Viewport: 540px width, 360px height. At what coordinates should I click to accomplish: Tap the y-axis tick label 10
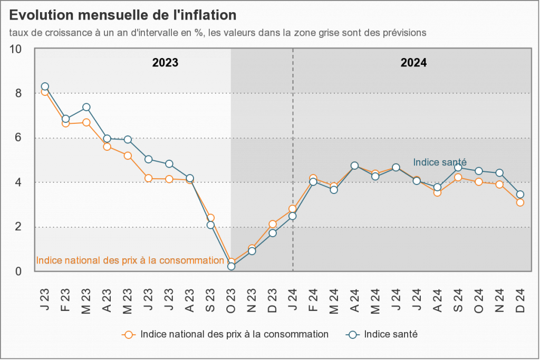[16, 49]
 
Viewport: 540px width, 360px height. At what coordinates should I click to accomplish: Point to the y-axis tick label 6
[18, 138]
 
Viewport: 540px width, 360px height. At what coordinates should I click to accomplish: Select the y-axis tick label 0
[18, 271]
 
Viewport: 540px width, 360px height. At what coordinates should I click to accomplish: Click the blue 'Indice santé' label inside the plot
[440, 162]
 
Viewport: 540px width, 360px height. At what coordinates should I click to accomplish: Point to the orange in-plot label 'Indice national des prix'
[130, 260]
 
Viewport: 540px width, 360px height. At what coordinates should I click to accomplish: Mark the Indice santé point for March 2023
[86, 108]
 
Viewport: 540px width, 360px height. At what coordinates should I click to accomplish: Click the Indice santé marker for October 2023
[231, 266]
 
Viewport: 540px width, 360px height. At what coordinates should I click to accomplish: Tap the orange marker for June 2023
[148, 178]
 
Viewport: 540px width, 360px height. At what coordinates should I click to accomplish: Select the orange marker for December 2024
[520, 202]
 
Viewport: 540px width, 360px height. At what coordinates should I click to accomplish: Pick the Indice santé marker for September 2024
[458, 168]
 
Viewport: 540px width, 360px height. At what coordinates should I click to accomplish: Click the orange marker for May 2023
[128, 155]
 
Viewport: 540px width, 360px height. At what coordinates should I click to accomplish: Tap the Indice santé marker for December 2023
[272, 232]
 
